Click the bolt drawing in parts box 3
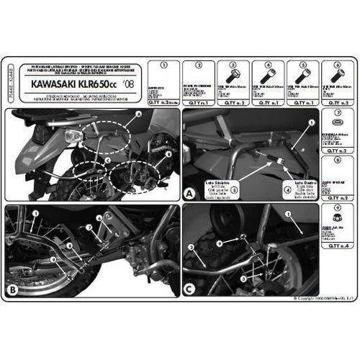[x=235, y=76]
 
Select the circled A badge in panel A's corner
[x=189, y=194]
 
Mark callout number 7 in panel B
[x=88, y=228]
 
